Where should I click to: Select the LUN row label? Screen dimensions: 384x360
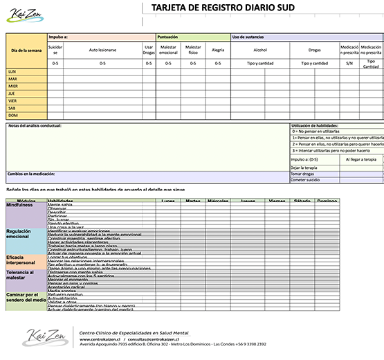(12, 71)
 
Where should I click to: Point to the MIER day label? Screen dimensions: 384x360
(13, 86)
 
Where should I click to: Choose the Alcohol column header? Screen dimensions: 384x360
(260, 50)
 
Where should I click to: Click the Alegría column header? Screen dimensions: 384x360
(217, 50)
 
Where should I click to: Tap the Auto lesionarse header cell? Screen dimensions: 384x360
(102, 50)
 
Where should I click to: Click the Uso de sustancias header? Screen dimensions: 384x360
(247, 37)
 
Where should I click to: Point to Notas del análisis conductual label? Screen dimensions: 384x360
(35, 126)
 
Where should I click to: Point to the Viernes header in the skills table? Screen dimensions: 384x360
(277, 201)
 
